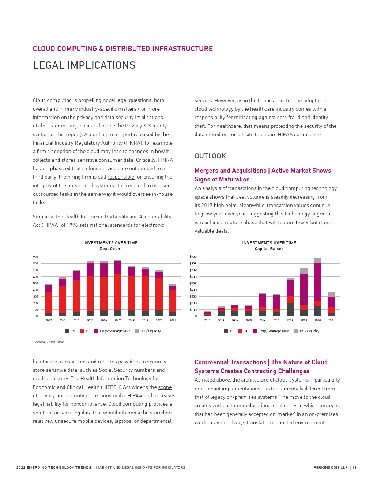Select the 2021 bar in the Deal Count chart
[173, 300]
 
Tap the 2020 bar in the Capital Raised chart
[317, 287]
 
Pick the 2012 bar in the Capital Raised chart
[207, 314]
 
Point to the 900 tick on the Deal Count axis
[35, 257]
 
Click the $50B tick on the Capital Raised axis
[193, 283]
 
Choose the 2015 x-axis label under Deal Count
[90, 320]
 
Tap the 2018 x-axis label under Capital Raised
[290, 320]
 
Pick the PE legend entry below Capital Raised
[229, 331]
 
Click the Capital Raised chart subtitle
[269, 249]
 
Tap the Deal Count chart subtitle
[110, 249]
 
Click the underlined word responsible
[121, 177]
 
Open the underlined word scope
[165, 387]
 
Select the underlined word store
[38, 370]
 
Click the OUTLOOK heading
[210, 156]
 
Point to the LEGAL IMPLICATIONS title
[84, 65]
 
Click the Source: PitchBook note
[49, 342]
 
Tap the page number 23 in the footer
[354, 467]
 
